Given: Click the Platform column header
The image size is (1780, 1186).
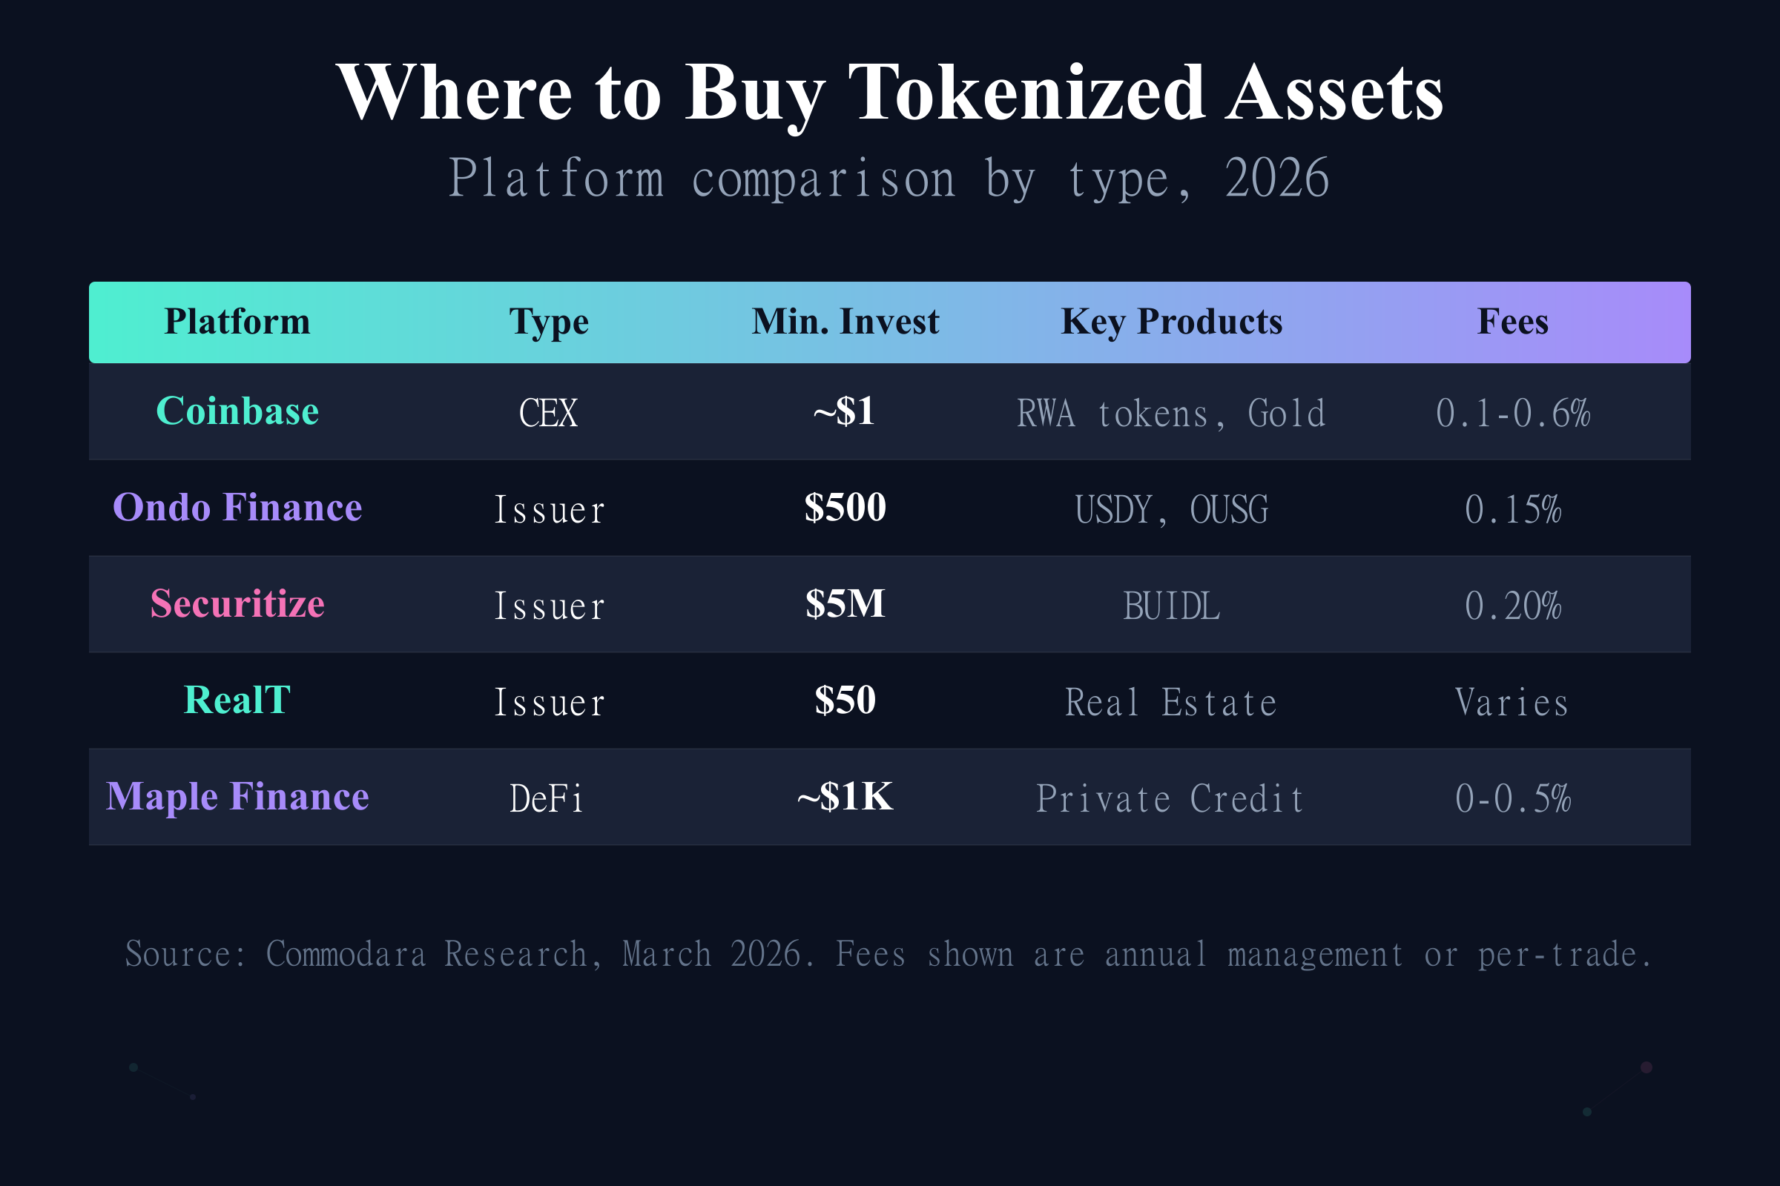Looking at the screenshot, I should click(x=237, y=322).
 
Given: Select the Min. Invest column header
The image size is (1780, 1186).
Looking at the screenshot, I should click(x=845, y=322).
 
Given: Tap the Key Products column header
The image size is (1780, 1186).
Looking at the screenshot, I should click(x=1172, y=322).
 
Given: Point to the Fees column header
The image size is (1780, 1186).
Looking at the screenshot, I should click(x=1512, y=322).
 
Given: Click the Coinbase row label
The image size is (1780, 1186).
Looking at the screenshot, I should click(x=237, y=411).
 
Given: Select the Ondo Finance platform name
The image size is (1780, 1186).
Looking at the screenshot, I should click(x=237, y=508).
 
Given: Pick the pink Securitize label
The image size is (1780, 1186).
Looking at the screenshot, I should click(x=237, y=604).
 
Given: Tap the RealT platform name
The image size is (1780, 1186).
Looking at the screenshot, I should click(x=237, y=700).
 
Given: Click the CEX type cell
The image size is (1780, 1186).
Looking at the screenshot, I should click(x=548, y=414).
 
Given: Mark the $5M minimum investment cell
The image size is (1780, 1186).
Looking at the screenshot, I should click(x=845, y=604).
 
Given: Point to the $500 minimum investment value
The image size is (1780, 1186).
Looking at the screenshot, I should click(x=845, y=508).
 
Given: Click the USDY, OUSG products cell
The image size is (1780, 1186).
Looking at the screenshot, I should click(x=1172, y=510).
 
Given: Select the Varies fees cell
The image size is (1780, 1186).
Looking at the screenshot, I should click(x=1512, y=703).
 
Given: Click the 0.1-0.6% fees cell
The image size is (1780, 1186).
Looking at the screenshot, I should click(x=1512, y=414).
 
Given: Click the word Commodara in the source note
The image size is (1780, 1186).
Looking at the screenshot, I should click(x=346, y=955).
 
